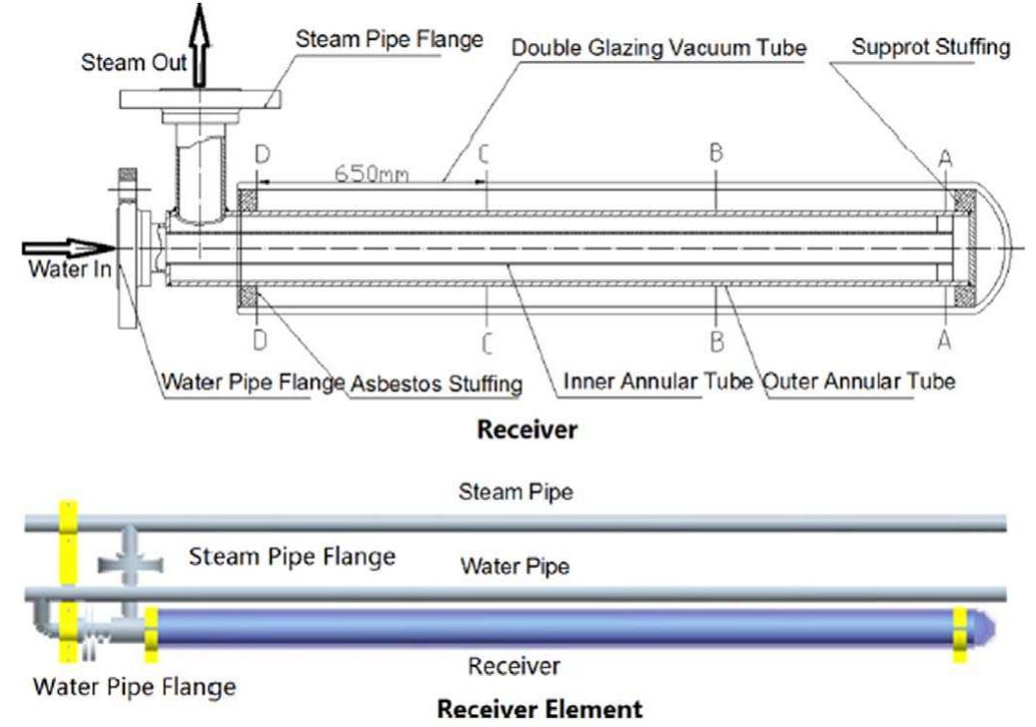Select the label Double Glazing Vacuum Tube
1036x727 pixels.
tap(659, 47)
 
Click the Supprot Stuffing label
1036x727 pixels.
tap(930, 47)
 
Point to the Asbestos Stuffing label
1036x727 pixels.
tap(435, 383)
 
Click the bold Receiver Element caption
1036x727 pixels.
tap(539, 708)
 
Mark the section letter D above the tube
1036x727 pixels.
tap(260, 154)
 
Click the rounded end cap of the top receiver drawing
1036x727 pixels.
tap(997, 251)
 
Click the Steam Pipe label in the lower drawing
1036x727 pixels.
tap(516, 491)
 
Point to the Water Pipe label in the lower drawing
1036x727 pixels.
tap(516, 567)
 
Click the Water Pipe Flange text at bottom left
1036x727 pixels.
tap(135, 687)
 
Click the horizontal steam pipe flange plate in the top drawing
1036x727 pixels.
tap(200, 99)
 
